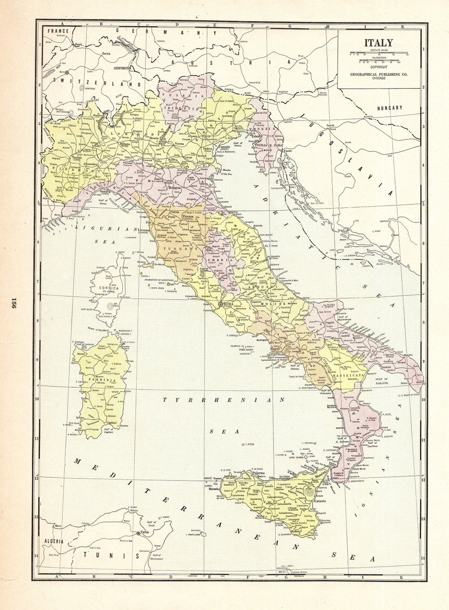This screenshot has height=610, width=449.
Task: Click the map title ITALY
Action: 378,43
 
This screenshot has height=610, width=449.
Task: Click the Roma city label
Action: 229,304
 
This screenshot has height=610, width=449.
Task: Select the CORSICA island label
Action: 109,288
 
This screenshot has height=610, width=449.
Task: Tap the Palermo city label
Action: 259,473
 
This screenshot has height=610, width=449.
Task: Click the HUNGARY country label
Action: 389,108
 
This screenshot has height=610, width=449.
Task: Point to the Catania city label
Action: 321,501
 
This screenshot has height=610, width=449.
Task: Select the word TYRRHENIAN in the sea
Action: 223,400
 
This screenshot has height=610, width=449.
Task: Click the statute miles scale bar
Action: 378,54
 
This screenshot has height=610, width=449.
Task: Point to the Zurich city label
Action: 106,54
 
